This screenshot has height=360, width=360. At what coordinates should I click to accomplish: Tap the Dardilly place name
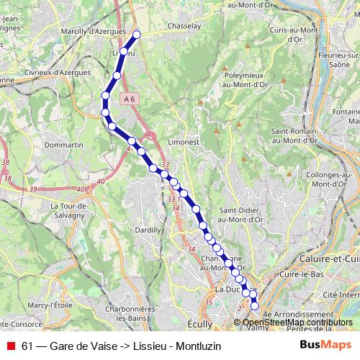click(147, 229)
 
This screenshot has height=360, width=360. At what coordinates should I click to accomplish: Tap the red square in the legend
click(11, 346)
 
